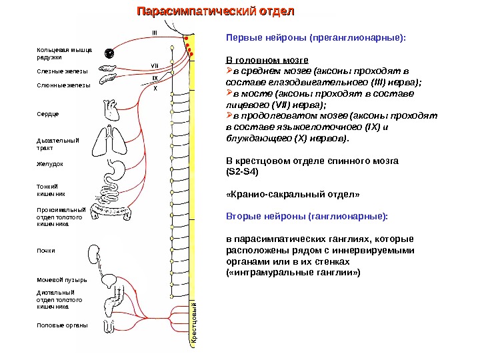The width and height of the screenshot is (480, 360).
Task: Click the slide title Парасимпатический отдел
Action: point(214,12)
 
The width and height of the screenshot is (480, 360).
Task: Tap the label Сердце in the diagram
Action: point(47,114)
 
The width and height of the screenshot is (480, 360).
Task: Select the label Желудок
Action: point(49,163)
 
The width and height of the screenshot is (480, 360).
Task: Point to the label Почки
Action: point(46,251)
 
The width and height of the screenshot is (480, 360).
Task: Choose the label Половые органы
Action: point(62,325)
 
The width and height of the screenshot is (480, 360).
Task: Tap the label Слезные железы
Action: point(61,70)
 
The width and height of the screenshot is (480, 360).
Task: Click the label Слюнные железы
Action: point(63,85)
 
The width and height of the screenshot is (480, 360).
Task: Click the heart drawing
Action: point(111,109)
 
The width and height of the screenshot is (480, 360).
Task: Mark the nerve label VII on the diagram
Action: point(154,65)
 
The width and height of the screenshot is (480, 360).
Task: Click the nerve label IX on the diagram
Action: point(154,78)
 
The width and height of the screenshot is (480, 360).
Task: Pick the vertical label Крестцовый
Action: point(194,323)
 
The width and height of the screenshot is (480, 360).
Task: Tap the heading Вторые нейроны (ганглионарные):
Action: point(307,217)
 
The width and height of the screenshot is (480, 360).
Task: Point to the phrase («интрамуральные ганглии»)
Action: point(294,273)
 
